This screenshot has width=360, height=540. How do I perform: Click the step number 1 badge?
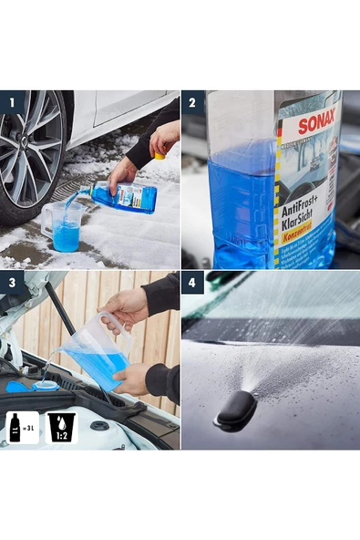click(x=12, y=102)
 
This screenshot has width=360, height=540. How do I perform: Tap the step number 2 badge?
click(x=193, y=102)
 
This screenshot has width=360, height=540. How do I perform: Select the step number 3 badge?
click(x=12, y=283)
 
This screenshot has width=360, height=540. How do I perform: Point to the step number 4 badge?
click(x=193, y=283)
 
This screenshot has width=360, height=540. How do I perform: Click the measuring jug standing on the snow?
click(x=65, y=226)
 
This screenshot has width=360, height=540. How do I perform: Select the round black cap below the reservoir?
click(x=99, y=425)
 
